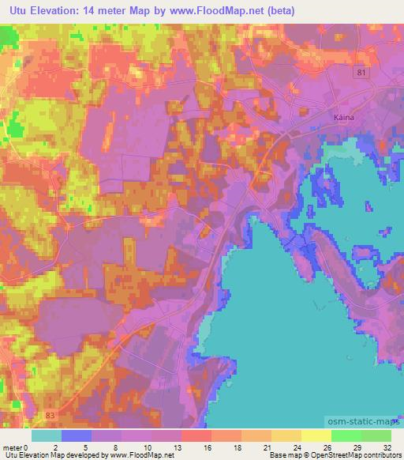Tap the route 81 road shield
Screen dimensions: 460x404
[x=360, y=73]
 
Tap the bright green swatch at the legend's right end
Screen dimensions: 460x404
[x=376, y=435]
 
